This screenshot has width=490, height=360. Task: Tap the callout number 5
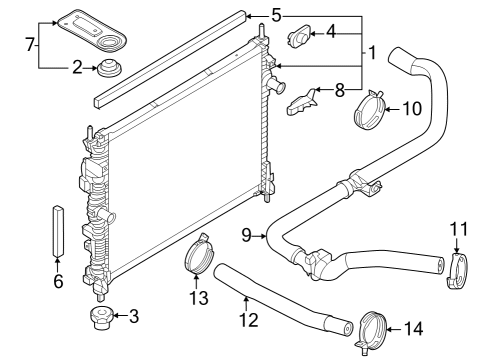[276, 15]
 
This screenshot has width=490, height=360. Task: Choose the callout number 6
[57, 282]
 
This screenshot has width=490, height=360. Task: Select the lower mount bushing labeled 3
[100, 319]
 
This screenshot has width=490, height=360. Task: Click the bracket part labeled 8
[302, 101]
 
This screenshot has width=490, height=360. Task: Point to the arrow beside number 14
[397, 328]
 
